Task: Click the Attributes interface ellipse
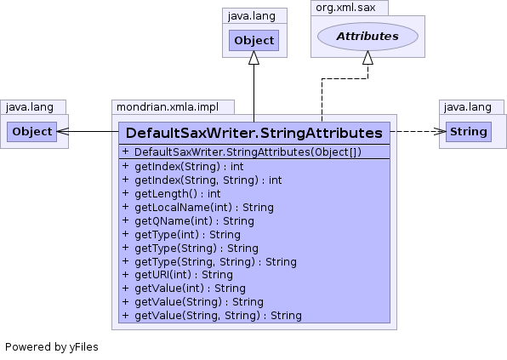[367, 37]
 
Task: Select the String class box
[469, 132]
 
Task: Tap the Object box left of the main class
[32, 132]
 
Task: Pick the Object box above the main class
[253, 41]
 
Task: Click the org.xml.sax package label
[345, 8]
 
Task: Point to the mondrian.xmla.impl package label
[168, 107]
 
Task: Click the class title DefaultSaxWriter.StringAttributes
[254, 133]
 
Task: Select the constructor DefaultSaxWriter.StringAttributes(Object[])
[248, 151]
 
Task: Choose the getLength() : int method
[178, 194]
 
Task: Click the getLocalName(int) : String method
[204, 208]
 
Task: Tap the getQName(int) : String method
[194, 221]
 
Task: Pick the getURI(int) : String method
[184, 275]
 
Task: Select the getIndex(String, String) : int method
[208, 180]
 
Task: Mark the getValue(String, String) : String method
[219, 316]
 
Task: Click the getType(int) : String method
[187, 235]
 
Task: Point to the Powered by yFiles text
[52, 347]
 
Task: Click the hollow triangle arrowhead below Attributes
[367, 58]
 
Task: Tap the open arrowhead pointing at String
[440, 131]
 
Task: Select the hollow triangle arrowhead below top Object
[253, 58]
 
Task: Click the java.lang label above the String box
[468, 107]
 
